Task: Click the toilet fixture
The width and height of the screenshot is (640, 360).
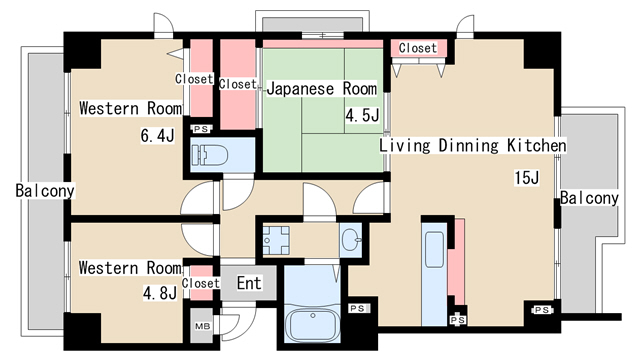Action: [211, 156]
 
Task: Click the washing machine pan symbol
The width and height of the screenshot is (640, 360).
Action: [275, 238]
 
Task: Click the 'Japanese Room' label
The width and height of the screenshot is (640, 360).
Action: [321, 89]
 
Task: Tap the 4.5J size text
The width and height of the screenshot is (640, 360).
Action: [362, 116]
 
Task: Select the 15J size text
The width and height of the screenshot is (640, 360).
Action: [526, 179]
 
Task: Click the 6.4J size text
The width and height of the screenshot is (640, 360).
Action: [158, 135]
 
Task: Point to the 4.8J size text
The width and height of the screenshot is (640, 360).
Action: [158, 294]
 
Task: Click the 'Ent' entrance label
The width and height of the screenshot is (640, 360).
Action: [249, 284]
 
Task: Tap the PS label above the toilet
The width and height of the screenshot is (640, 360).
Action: [201, 129]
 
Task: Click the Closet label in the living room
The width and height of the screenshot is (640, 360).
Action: [417, 48]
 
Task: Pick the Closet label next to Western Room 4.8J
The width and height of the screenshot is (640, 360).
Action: [201, 283]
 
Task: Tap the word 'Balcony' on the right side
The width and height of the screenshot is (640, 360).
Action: [589, 198]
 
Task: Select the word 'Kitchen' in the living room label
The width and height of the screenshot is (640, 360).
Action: [535, 146]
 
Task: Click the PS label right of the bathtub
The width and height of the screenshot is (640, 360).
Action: [358, 309]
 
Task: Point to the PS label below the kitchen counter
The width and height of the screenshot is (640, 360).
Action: [458, 319]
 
